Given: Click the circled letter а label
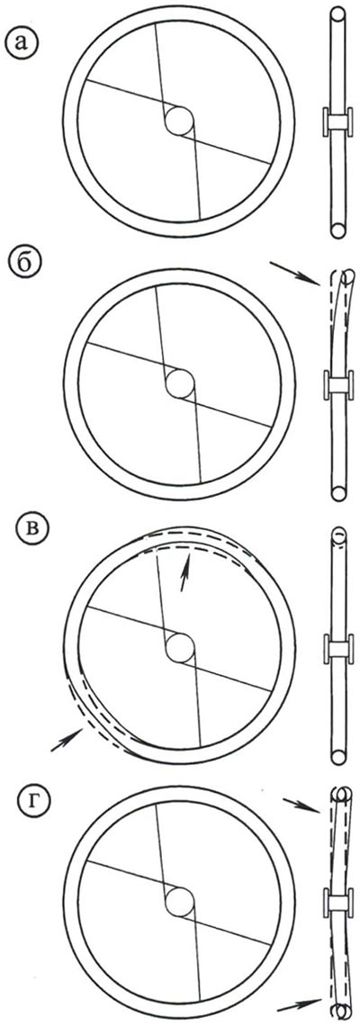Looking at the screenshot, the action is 22,42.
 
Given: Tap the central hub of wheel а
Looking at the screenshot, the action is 179,121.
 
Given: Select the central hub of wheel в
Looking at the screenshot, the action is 179,648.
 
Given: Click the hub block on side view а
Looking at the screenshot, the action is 337,122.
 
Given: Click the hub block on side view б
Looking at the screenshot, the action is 337,384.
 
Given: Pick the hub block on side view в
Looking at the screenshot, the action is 337,648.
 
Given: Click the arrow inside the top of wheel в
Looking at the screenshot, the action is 186,571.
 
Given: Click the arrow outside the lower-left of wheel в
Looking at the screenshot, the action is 67,740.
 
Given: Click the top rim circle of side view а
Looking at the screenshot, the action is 337,14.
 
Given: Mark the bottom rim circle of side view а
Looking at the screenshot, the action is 337,229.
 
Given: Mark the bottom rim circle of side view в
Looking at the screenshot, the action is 337,757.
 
